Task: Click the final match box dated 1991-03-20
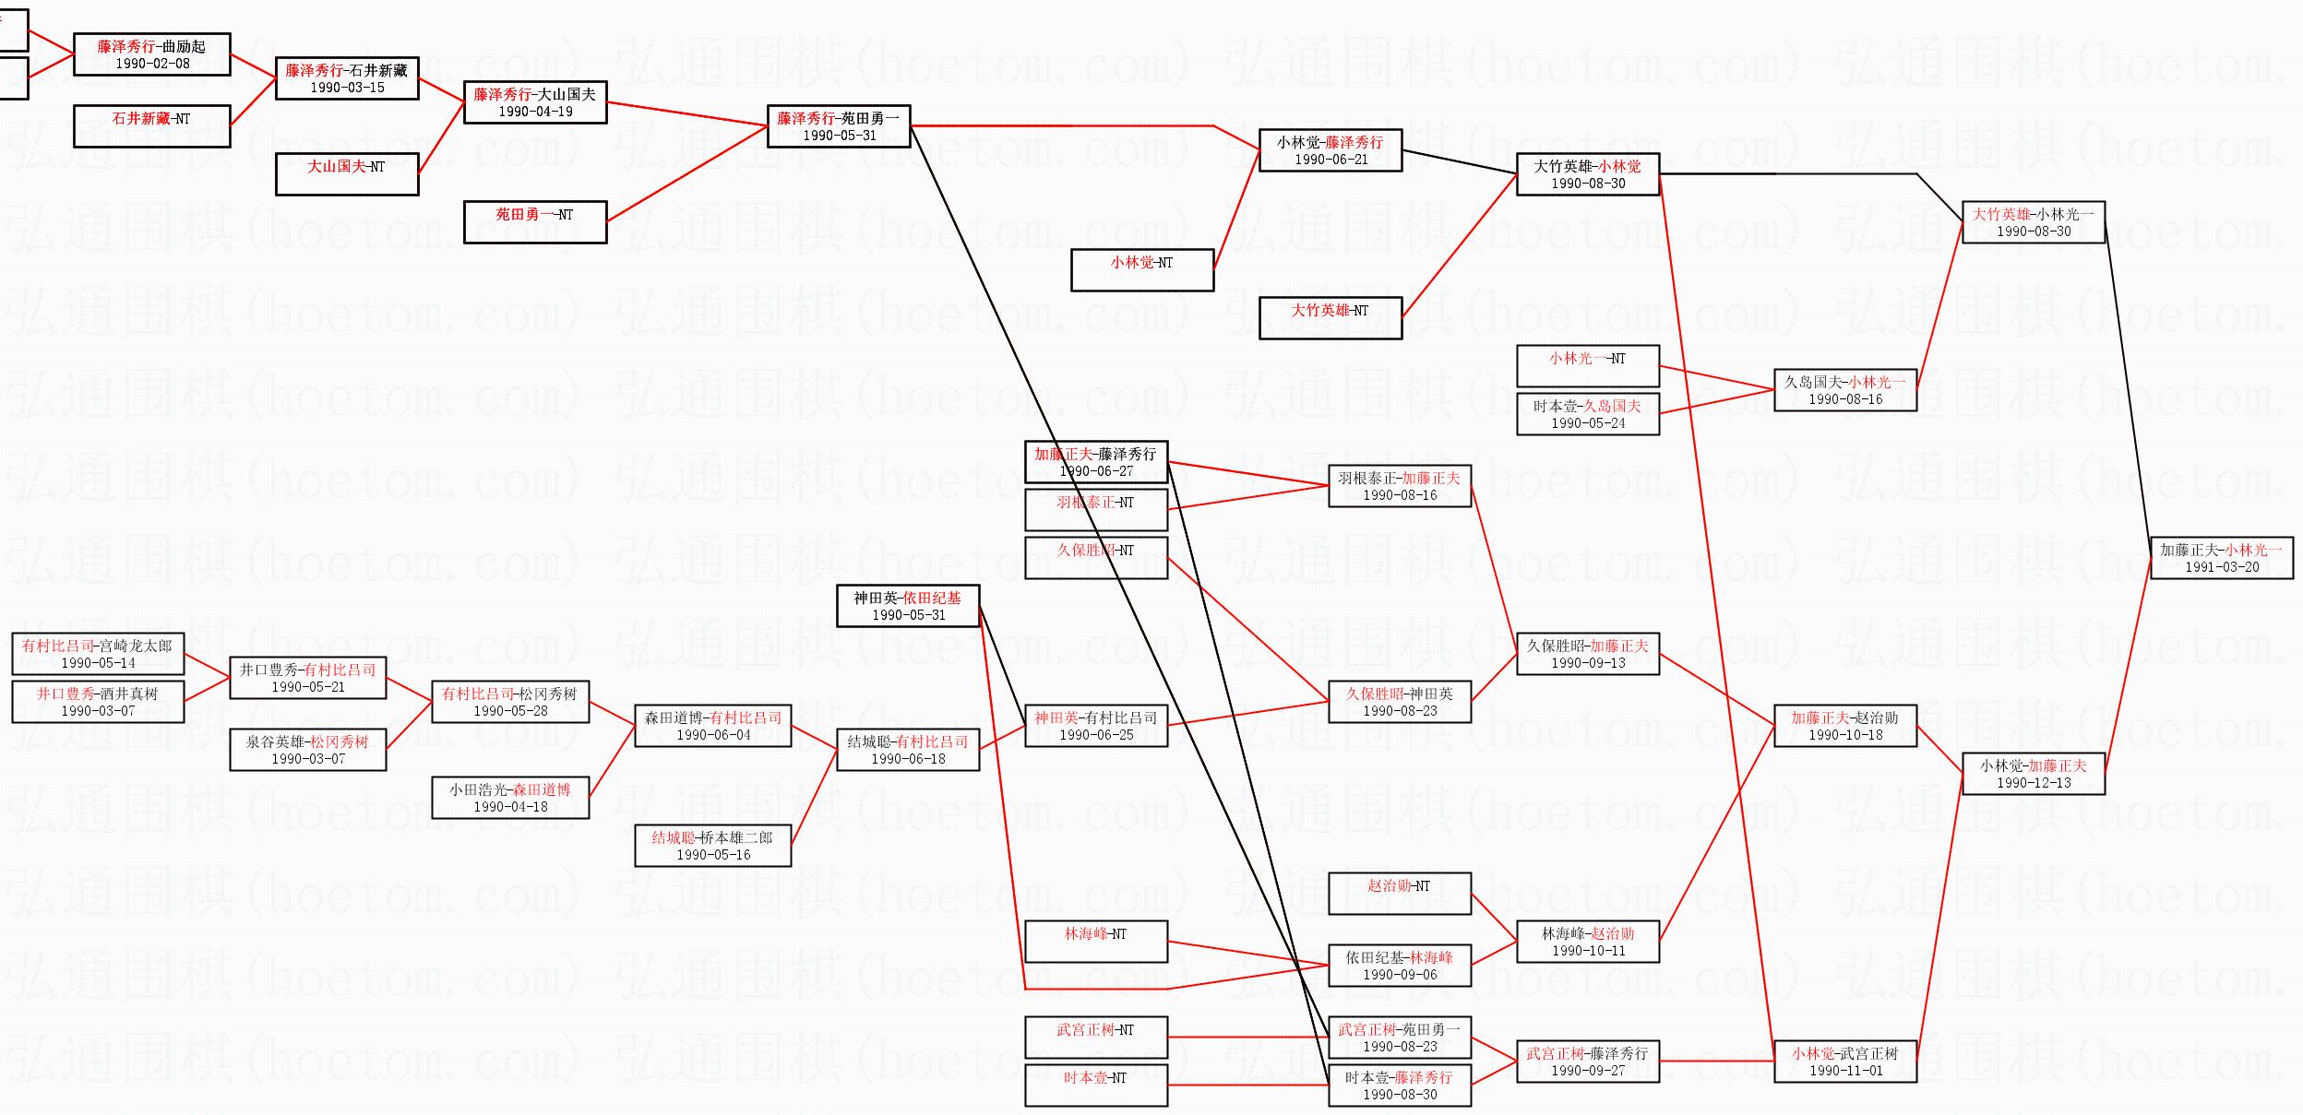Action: click(x=2221, y=558)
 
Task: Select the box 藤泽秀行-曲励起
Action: click(x=151, y=54)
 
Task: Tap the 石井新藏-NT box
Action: click(x=151, y=126)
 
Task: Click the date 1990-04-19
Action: click(x=535, y=112)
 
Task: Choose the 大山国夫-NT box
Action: click(x=346, y=174)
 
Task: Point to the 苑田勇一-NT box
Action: click(x=534, y=222)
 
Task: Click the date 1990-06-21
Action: click(x=1330, y=160)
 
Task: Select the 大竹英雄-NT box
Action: click(x=1330, y=318)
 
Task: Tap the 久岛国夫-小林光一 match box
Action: click(x=1844, y=390)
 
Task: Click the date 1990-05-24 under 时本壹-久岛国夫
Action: click(x=1588, y=423)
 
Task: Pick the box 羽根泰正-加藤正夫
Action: click(x=1399, y=486)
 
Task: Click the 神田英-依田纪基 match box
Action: click(x=907, y=606)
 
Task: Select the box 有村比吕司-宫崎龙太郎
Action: click(x=97, y=654)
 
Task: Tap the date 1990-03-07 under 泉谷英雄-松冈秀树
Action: click(x=307, y=759)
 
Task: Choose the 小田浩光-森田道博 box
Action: click(x=510, y=798)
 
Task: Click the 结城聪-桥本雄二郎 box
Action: click(x=712, y=846)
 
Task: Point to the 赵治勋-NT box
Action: click(x=1399, y=894)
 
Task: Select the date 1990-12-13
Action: click(x=2034, y=783)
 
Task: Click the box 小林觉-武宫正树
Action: click(x=1844, y=1062)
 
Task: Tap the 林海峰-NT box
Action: click(x=1095, y=942)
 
